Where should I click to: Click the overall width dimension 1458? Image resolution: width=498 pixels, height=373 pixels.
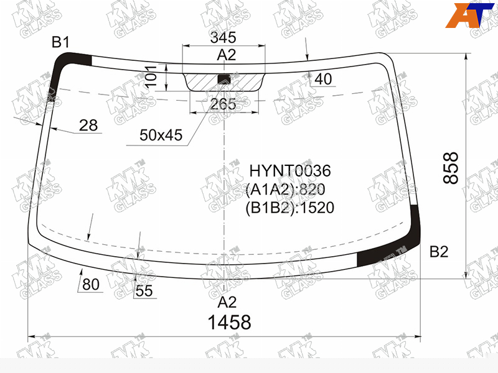[x=229, y=322]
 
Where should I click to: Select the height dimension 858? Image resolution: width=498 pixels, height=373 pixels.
[x=451, y=168]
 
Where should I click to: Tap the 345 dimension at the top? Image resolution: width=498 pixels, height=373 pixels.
[x=223, y=37]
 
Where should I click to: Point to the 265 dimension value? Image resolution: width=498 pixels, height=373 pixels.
[x=223, y=104]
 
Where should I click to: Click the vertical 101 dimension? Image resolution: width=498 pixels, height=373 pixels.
[x=151, y=76]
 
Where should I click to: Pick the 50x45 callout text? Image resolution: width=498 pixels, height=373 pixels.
[x=161, y=135]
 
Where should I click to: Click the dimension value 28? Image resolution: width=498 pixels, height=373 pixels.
[x=88, y=126]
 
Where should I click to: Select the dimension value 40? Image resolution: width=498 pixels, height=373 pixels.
[x=323, y=79]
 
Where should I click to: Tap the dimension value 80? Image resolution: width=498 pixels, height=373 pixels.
[x=91, y=284]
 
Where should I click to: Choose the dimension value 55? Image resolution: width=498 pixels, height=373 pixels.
[x=144, y=291]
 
